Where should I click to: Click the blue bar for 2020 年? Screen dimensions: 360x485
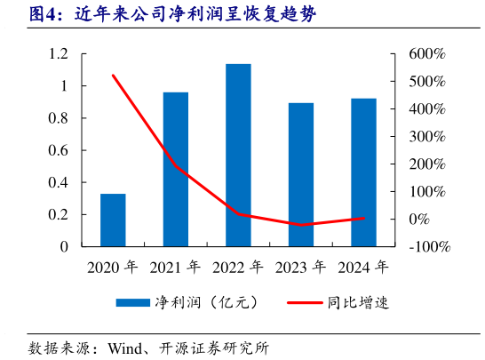(x=113, y=220)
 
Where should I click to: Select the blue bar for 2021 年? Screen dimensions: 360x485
(x=175, y=169)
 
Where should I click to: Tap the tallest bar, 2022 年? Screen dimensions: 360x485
(x=238, y=155)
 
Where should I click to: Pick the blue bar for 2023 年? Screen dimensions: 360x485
(x=301, y=174)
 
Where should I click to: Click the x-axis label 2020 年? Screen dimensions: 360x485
(x=112, y=266)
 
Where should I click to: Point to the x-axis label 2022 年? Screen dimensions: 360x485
(x=238, y=266)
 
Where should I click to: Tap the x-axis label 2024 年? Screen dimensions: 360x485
(x=363, y=266)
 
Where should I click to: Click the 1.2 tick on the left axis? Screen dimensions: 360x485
(x=59, y=54)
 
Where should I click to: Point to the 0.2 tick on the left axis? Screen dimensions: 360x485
(x=59, y=214)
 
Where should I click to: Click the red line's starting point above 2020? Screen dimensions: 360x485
(x=113, y=76)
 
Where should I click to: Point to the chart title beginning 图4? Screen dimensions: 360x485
(x=160, y=15)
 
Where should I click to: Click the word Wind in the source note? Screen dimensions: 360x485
(x=126, y=347)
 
